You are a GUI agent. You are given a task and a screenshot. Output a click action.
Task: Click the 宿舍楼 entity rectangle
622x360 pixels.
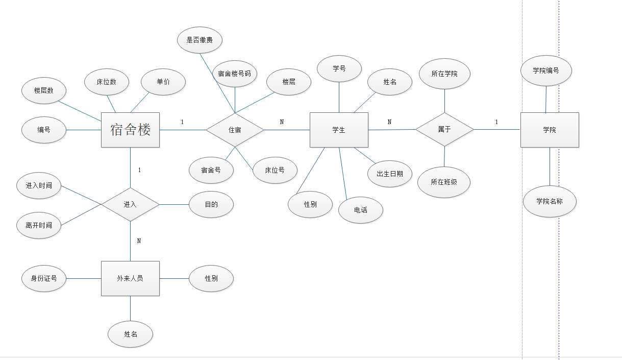(x=130, y=130)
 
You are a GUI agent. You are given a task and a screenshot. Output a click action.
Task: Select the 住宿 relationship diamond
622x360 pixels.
(x=235, y=130)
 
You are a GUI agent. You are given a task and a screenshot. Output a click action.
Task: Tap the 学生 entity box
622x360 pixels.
(x=339, y=130)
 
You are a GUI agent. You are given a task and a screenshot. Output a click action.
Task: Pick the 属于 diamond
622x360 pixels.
(x=444, y=130)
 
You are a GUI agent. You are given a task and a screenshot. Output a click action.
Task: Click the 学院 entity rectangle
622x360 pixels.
(x=550, y=130)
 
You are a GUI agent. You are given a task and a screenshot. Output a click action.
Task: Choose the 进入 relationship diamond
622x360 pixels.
(x=130, y=204)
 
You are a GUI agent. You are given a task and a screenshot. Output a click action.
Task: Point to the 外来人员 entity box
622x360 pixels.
(x=130, y=278)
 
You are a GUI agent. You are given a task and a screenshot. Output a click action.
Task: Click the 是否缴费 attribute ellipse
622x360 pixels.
(x=200, y=40)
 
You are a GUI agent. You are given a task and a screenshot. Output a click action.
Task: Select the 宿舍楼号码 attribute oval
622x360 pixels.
(x=235, y=73)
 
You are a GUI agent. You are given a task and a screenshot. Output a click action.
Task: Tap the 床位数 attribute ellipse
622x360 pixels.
(x=107, y=82)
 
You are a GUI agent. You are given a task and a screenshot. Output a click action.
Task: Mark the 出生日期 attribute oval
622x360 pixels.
(x=390, y=174)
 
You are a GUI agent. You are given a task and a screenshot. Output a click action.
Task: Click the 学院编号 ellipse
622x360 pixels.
(x=546, y=70)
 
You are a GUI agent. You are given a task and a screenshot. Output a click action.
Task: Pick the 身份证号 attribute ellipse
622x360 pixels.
(x=44, y=278)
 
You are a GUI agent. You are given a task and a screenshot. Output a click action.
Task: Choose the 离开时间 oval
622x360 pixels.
(x=39, y=225)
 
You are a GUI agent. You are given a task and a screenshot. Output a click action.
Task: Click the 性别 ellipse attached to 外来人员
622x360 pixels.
(x=211, y=278)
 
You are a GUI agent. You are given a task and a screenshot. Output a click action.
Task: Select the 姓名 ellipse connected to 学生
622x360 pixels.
(x=390, y=82)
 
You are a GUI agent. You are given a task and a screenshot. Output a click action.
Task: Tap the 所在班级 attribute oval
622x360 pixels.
(x=444, y=182)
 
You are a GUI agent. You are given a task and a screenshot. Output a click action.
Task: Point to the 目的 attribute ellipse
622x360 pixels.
(x=211, y=204)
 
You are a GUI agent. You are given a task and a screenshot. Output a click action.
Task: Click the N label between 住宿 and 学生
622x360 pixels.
(x=282, y=122)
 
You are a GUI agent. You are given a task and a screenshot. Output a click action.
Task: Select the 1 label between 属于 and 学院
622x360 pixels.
(x=496, y=122)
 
